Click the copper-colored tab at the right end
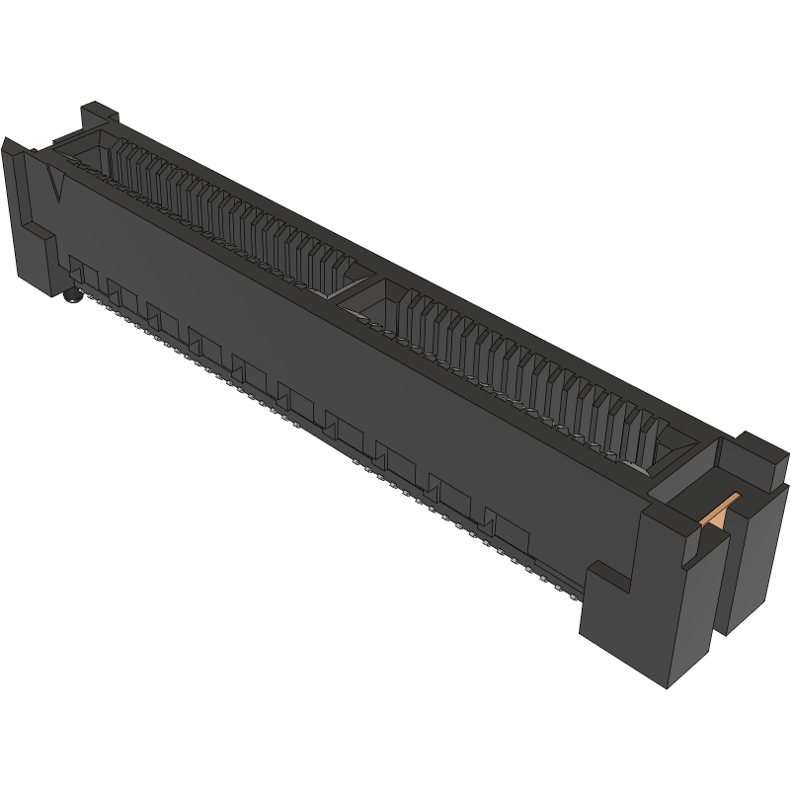pos(719,511)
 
